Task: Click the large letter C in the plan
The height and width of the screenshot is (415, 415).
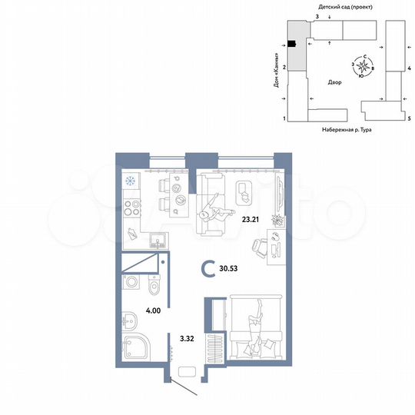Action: pyautogui.click(x=207, y=269)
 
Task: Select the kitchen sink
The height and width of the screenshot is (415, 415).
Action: pyautogui.click(x=157, y=240)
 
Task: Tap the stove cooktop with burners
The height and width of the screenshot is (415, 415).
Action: pyautogui.click(x=130, y=207)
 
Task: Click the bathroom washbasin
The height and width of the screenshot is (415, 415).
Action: pyautogui.click(x=126, y=318)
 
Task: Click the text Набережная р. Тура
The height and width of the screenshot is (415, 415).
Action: pyautogui.click(x=350, y=131)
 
